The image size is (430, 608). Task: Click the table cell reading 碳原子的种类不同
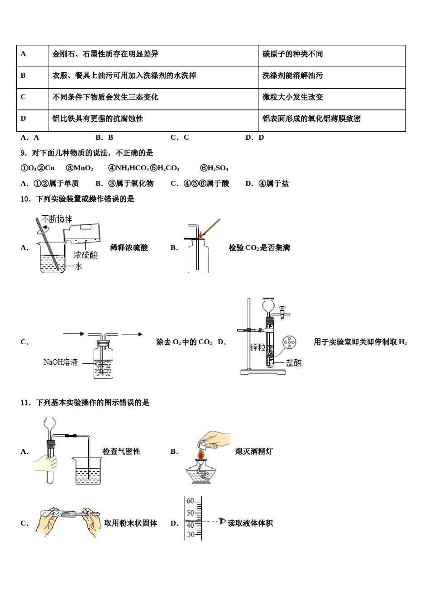click(x=292, y=54)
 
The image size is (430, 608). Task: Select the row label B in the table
click(x=23, y=76)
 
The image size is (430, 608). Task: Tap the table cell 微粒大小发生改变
click(x=292, y=97)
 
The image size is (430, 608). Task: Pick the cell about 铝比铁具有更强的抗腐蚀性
click(x=98, y=119)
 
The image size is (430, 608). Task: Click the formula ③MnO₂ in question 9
click(x=80, y=168)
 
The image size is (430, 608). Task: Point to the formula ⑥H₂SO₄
click(x=214, y=168)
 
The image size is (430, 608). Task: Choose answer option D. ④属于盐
click(x=267, y=184)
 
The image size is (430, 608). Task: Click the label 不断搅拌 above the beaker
click(x=57, y=219)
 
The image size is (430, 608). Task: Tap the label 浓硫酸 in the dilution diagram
click(x=86, y=255)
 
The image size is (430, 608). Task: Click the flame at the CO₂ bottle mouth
click(x=200, y=235)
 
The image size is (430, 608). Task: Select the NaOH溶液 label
click(x=61, y=362)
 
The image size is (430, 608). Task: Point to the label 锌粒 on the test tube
click(x=258, y=347)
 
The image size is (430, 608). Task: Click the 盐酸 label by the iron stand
click(x=293, y=362)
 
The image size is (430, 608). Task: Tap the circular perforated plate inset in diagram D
click(x=289, y=342)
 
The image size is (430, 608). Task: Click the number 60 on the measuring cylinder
click(x=191, y=501)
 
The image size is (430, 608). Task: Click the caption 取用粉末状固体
click(x=130, y=523)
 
